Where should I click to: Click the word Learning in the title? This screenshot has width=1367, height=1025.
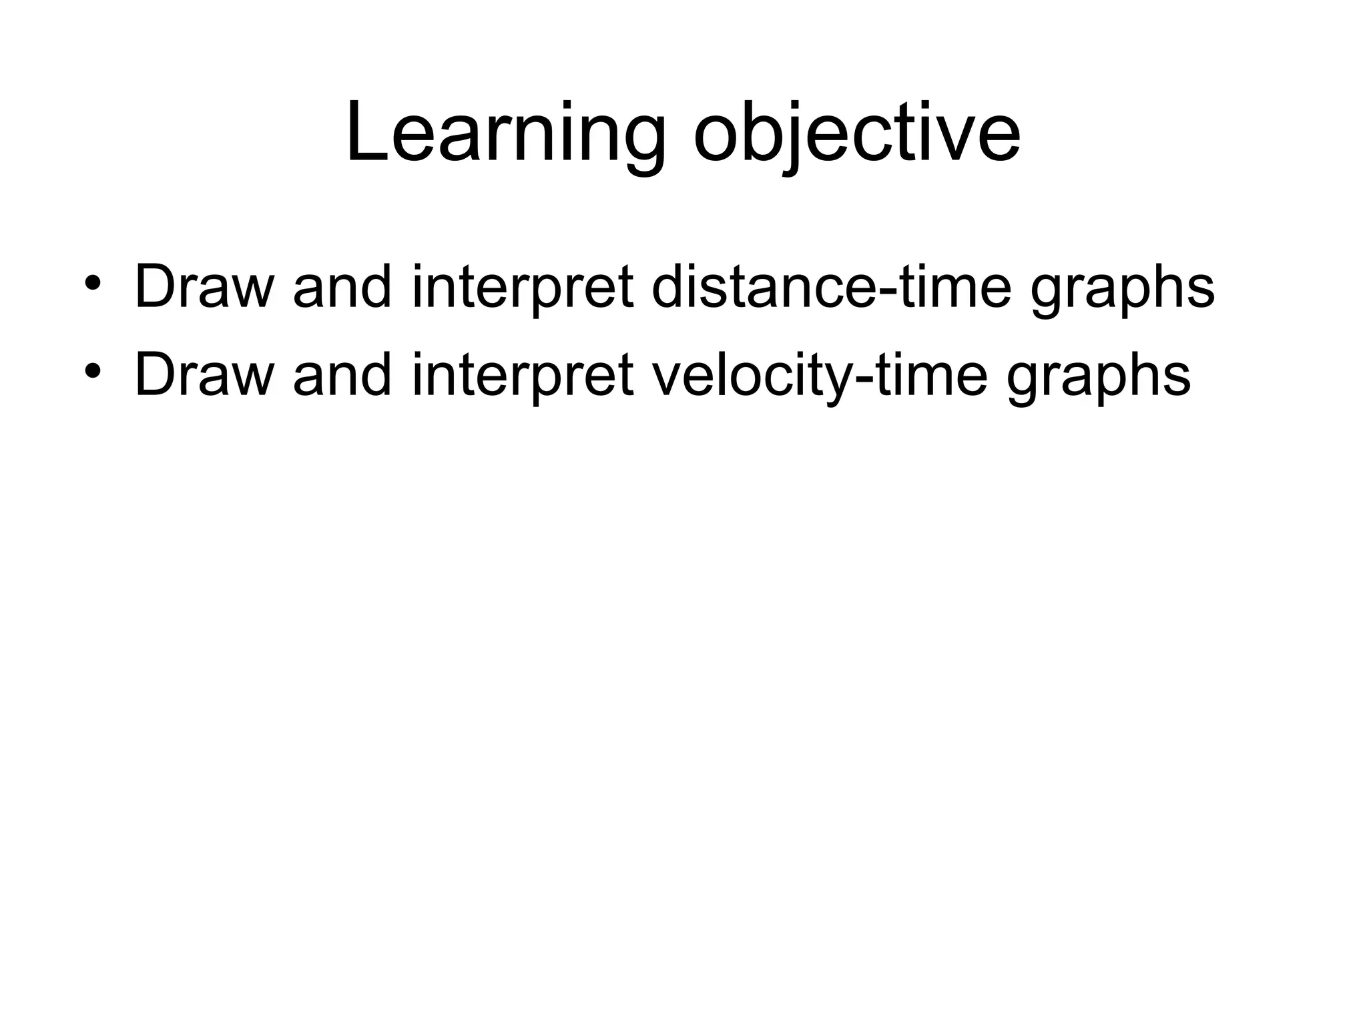point(505,133)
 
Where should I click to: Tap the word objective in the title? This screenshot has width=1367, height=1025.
point(856,133)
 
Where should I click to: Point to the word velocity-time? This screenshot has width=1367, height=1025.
point(819,376)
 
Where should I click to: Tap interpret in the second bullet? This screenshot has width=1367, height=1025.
point(523,376)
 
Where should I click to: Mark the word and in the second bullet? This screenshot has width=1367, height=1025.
point(342,376)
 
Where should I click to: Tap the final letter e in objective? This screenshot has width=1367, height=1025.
point(999,140)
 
